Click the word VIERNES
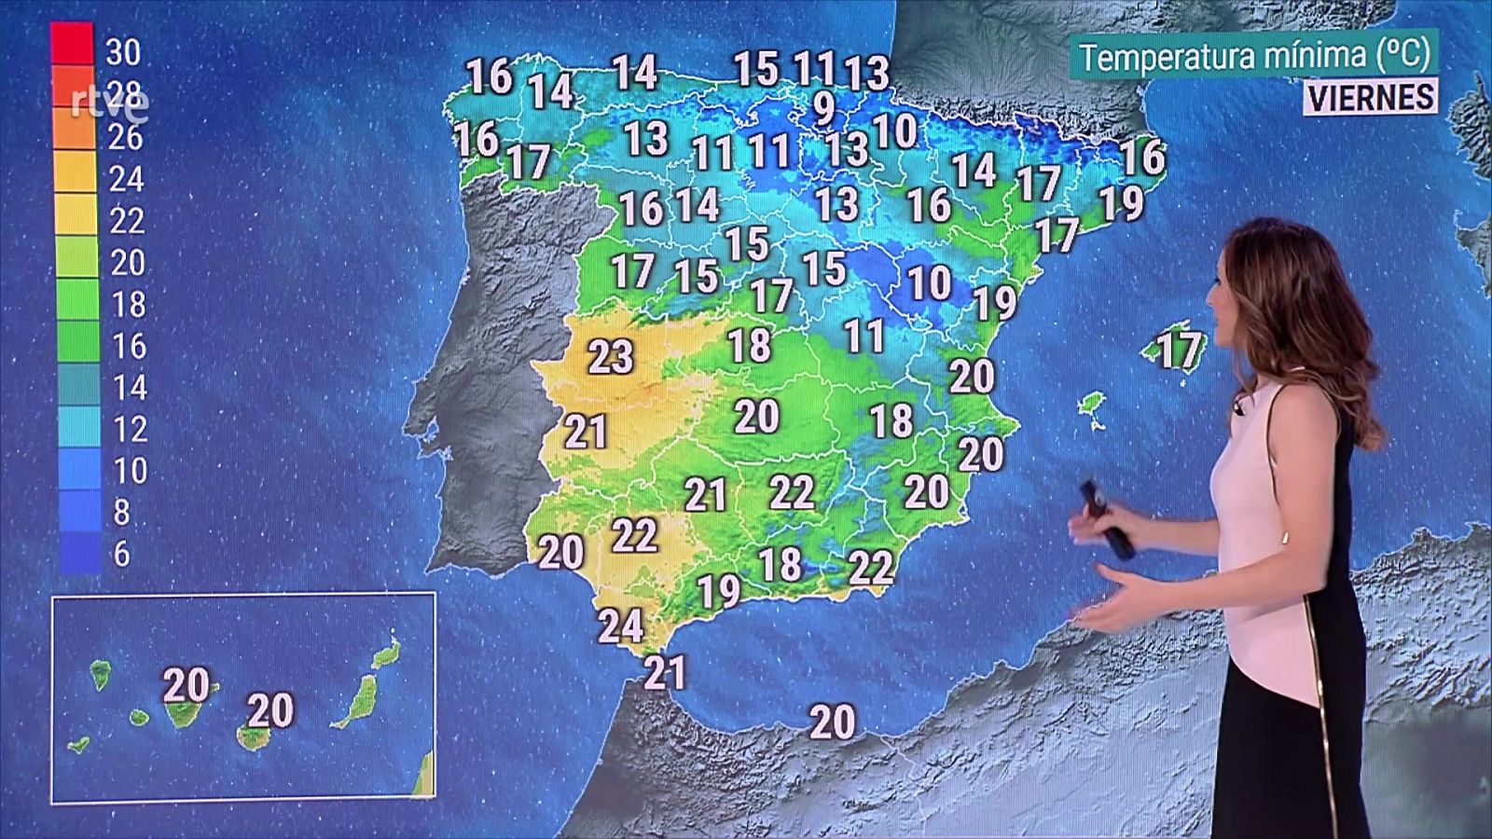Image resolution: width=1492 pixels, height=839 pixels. click(x=1370, y=97)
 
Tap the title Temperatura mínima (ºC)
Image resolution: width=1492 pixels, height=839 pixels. click(x=1254, y=56)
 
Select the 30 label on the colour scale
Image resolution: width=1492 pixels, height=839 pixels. click(x=123, y=51)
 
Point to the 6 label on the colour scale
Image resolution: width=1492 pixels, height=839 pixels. click(x=121, y=554)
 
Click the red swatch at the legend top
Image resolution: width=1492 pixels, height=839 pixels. click(x=72, y=42)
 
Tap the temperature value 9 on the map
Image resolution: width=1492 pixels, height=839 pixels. click(x=823, y=108)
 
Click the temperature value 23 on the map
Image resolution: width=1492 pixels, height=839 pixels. click(x=611, y=356)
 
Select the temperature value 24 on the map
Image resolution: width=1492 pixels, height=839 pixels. click(x=621, y=625)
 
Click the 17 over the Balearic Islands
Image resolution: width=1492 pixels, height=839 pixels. click(x=1179, y=351)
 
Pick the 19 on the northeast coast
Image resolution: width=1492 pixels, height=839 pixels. click(x=1121, y=203)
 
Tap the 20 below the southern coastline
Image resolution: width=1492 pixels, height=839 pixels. click(x=832, y=722)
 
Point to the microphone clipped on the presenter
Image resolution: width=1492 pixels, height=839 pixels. click(x=1239, y=406)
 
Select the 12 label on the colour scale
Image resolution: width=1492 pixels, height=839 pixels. click(x=129, y=429)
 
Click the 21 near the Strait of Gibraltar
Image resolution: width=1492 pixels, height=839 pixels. click(x=665, y=672)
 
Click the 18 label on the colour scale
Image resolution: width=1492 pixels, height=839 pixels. click(x=128, y=304)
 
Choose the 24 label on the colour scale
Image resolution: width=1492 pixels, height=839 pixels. click(x=126, y=178)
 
